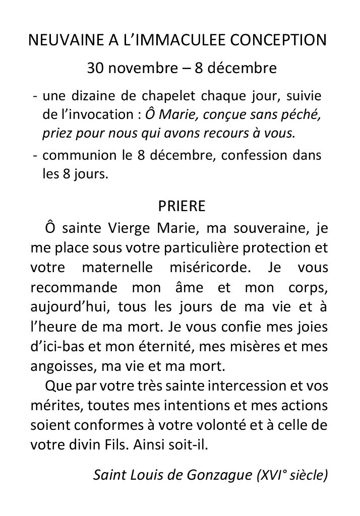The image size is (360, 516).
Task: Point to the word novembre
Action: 142,68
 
